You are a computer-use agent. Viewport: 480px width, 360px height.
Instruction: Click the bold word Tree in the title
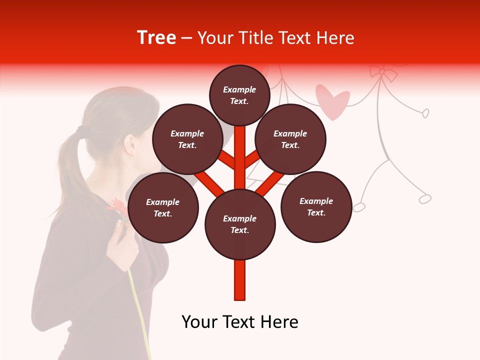[x=156, y=38]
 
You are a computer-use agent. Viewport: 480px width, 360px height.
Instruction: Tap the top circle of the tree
[x=239, y=95]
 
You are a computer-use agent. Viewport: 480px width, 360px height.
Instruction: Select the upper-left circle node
[x=187, y=139]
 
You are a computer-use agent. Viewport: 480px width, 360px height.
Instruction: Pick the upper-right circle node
[x=290, y=139]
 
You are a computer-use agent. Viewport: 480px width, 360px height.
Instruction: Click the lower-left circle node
[x=163, y=207]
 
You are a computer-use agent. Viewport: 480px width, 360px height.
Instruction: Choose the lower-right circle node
[x=316, y=206]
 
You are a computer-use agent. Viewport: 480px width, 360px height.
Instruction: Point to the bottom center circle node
[x=240, y=224]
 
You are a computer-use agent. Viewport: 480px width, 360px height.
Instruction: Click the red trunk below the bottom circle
[x=240, y=280]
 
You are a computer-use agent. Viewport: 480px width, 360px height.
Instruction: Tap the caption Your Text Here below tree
[x=240, y=322]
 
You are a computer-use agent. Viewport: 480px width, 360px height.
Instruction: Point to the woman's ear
[x=131, y=144]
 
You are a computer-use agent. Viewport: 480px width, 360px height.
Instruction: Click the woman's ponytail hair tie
[x=80, y=131]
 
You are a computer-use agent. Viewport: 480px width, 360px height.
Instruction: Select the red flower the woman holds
[x=116, y=208]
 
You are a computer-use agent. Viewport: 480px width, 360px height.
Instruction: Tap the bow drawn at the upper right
[x=383, y=72]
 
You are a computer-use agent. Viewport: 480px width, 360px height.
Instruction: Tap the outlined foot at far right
[x=425, y=199]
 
